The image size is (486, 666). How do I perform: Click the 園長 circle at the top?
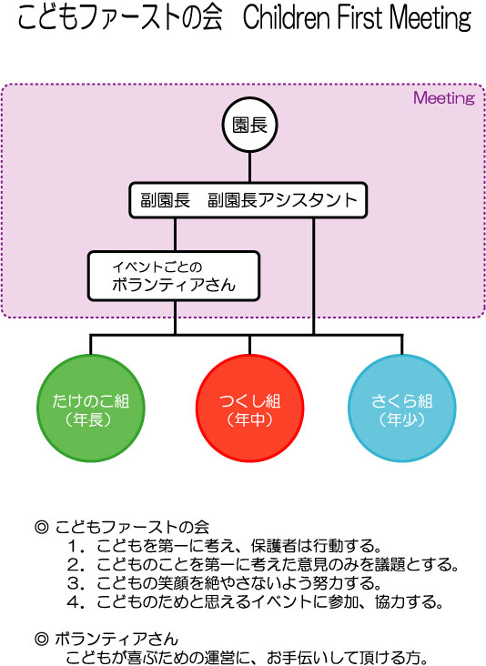pos(249,125)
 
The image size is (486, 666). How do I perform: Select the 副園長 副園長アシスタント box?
pos(248,200)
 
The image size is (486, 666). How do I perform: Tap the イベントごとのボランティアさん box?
pos(174,276)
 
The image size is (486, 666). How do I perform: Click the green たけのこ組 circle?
pos(91,409)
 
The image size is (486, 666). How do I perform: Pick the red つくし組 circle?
pos(249,409)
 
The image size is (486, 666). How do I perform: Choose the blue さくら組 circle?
pos(402,409)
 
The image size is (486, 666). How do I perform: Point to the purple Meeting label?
pos(444,98)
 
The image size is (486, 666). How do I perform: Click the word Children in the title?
pos(287,18)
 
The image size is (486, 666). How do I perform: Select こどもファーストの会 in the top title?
pos(120,18)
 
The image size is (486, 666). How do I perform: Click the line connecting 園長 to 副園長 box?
pos(249,167)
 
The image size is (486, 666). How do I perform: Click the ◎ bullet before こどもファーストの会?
pos(41,527)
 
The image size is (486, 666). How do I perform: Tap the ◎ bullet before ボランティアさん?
pos(41,640)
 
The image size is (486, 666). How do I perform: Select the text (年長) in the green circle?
pos(88,419)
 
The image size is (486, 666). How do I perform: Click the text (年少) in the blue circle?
pos(402,419)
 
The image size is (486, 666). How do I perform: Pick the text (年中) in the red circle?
pos(249,419)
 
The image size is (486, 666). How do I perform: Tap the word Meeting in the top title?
pos(430,18)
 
